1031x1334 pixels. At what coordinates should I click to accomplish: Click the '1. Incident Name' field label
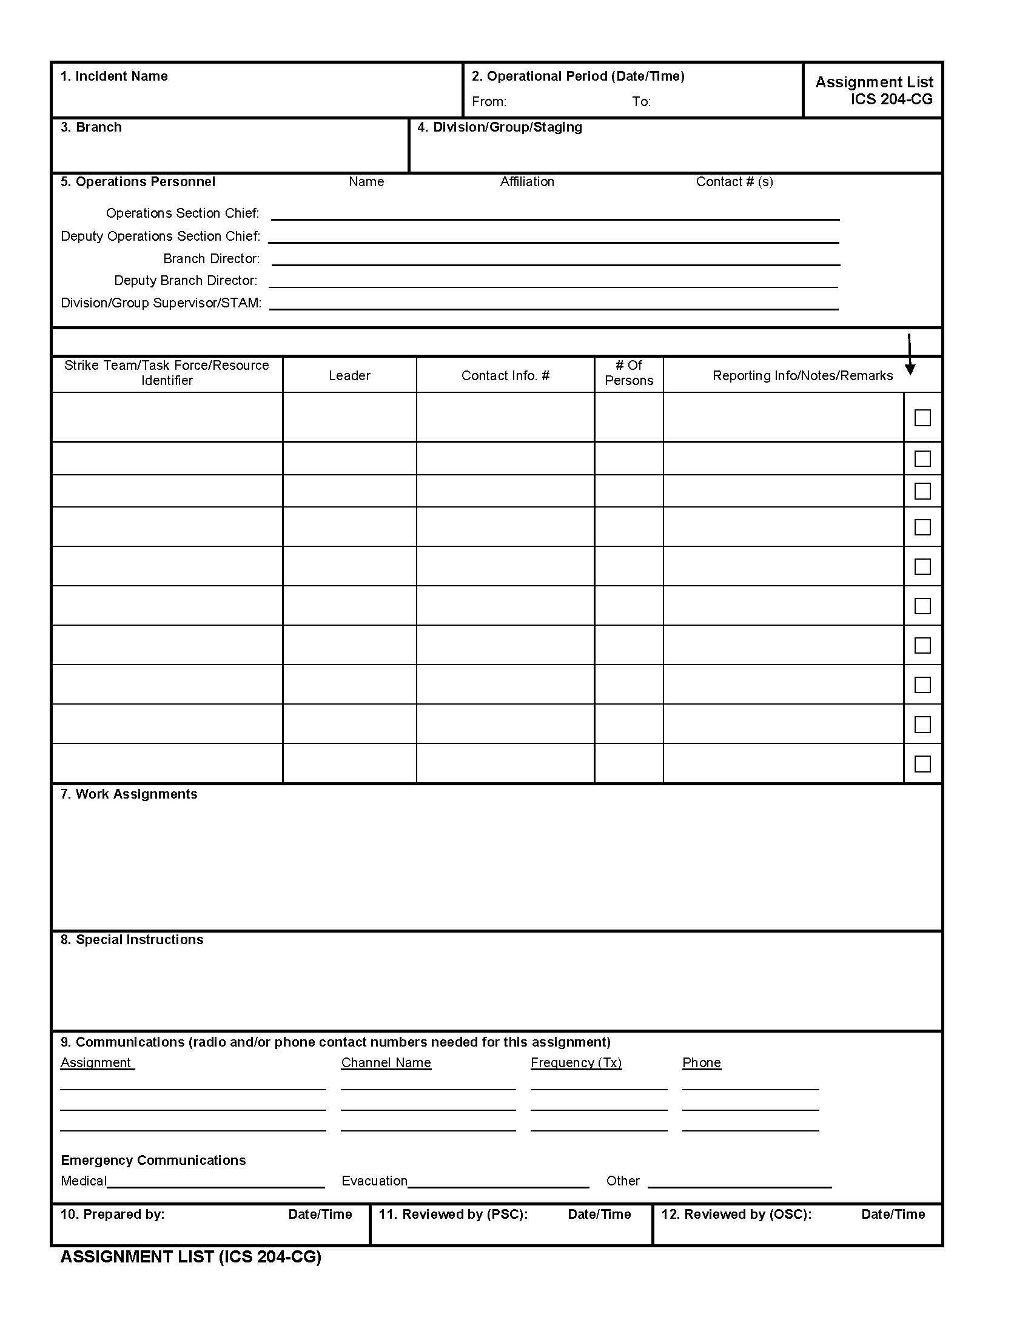113,76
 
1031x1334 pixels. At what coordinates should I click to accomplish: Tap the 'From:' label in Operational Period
489,102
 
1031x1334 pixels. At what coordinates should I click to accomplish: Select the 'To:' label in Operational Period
641,102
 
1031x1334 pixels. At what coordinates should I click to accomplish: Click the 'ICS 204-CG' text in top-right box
891,99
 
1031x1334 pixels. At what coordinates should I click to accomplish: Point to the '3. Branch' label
91,128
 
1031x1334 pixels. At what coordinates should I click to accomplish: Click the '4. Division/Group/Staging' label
499,128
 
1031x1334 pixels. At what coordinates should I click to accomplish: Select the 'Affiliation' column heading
526,182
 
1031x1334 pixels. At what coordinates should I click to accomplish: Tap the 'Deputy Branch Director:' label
186,281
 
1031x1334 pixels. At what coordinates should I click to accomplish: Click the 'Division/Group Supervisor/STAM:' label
161,304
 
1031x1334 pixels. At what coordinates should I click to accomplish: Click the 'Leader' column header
349,377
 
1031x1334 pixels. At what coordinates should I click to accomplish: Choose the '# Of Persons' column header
628,373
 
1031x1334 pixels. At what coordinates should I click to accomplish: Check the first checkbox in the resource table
922,418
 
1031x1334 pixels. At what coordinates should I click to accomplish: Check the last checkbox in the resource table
922,764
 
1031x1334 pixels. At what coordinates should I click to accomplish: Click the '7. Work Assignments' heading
129,795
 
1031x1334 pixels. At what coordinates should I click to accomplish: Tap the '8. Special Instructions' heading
132,940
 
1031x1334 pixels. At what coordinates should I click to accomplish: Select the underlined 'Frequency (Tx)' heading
576,1063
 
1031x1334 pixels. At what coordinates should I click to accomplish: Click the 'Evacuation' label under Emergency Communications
374,1181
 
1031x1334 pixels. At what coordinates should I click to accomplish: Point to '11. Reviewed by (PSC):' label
453,1215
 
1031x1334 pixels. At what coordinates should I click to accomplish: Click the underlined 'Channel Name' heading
386,1063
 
